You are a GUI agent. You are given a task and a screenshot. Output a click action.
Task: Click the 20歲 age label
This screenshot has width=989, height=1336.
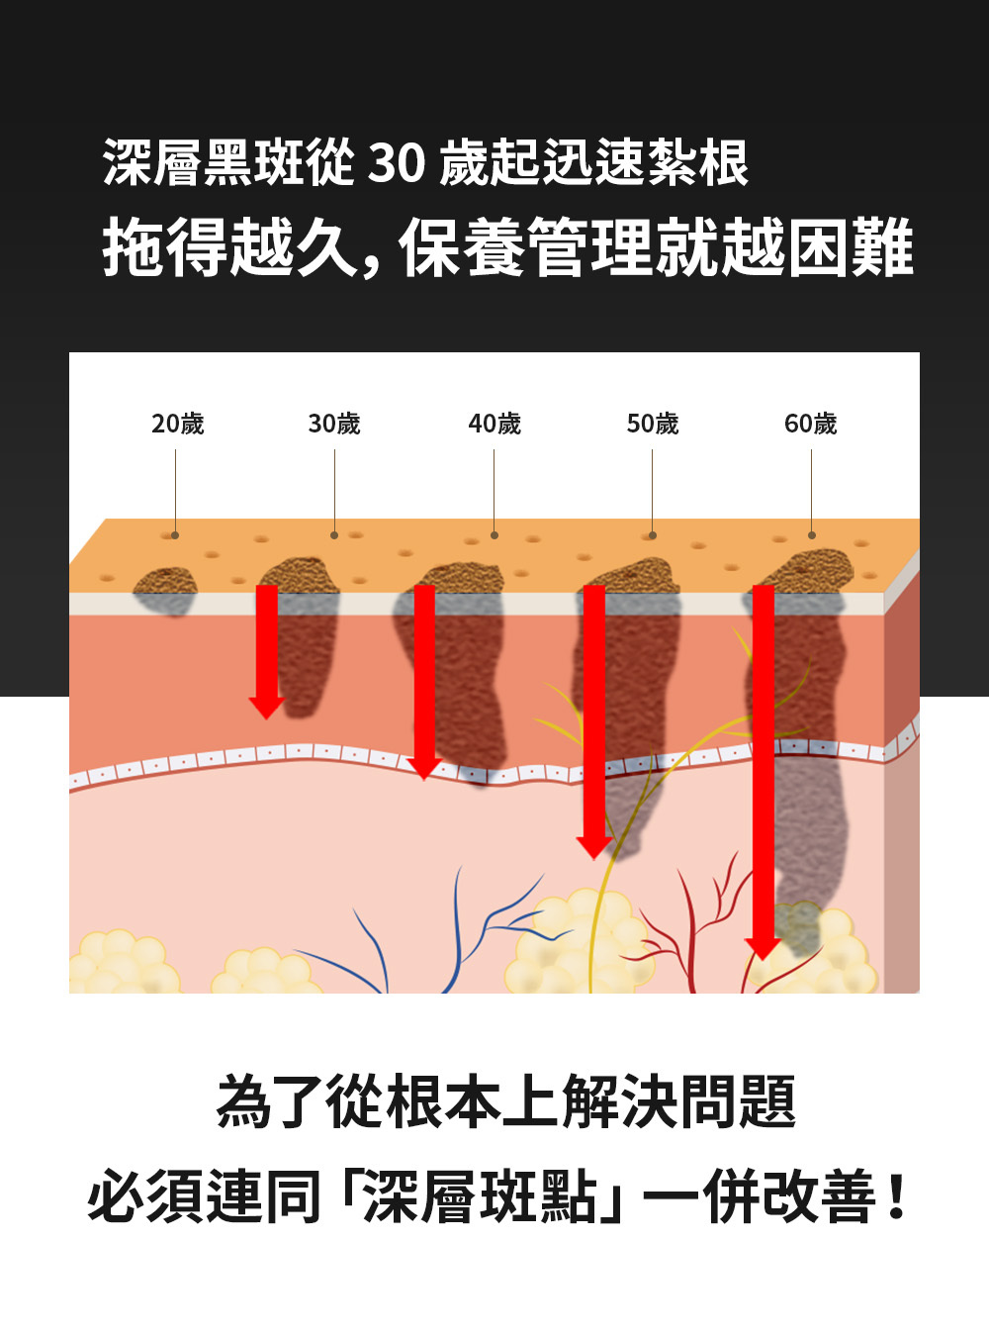pyautogui.click(x=178, y=424)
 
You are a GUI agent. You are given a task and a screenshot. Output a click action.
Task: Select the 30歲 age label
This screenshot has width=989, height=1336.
pyautogui.click(x=334, y=424)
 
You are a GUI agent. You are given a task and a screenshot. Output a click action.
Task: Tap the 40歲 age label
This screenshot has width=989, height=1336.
pyautogui.click(x=494, y=424)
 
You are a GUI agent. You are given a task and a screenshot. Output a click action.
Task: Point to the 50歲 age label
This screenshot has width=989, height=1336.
pyautogui.click(x=653, y=424)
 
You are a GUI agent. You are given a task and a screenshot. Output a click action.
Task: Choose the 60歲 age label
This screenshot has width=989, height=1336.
pyautogui.click(x=811, y=424)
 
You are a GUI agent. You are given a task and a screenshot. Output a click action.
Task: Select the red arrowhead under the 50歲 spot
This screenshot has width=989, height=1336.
pyautogui.click(x=593, y=847)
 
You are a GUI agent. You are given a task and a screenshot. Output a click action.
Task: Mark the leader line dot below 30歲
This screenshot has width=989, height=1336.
pyautogui.click(x=334, y=535)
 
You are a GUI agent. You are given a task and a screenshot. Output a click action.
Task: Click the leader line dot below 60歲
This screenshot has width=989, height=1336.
pyautogui.click(x=812, y=535)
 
